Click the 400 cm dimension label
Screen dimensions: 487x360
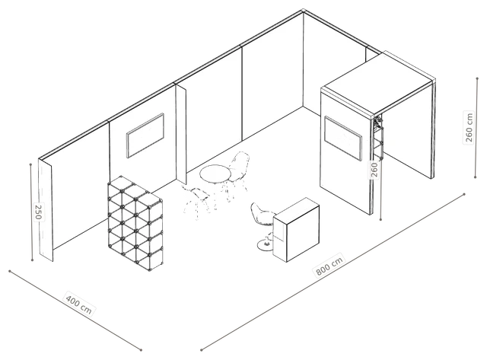(x=79, y=301)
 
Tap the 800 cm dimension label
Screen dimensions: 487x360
(x=329, y=266)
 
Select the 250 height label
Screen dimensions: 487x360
(x=38, y=212)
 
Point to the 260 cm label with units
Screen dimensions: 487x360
(x=469, y=127)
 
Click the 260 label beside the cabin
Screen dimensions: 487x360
(x=374, y=170)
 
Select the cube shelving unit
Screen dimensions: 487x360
(x=135, y=223)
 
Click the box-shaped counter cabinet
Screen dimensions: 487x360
(x=296, y=230)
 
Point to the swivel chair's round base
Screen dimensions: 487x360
(x=266, y=245)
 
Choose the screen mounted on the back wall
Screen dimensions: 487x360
(x=145, y=135)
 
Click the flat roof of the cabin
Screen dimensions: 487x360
(x=377, y=83)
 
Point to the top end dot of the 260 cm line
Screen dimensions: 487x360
(x=477, y=78)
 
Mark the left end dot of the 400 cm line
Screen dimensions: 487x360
(x=10, y=271)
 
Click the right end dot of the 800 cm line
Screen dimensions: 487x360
(x=464, y=194)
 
